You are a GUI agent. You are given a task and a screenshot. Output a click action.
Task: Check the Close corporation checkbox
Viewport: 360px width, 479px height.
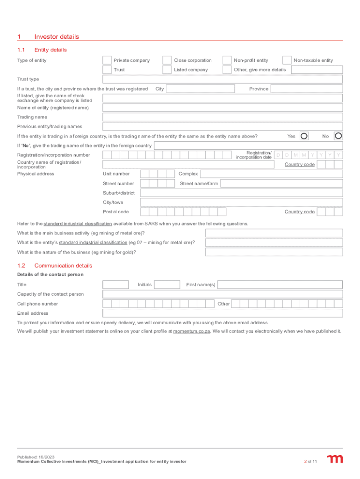pos(167,60)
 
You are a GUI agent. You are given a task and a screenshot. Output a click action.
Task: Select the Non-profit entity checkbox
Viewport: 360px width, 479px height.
pos(227,60)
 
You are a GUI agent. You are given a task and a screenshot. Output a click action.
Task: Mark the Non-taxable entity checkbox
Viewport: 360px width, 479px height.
pos(287,60)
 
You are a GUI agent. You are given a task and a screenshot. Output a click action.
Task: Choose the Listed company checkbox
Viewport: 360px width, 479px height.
pos(167,70)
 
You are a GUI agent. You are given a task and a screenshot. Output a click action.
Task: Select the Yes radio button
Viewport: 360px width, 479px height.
pos(304,136)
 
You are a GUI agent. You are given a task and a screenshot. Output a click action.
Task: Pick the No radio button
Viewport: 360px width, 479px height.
pos(338,136)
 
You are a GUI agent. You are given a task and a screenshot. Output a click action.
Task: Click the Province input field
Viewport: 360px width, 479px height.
pos(306,89)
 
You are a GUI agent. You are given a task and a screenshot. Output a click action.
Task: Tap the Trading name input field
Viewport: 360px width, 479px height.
pos(223,117)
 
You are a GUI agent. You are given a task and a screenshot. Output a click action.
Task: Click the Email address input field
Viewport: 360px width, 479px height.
pos(223,313)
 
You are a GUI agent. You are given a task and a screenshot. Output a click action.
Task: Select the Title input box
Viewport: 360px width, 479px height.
pos(115,284)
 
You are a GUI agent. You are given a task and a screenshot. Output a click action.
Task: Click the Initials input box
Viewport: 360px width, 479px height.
pos(167,284)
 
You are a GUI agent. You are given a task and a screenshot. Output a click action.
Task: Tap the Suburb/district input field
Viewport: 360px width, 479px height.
pos(241,193)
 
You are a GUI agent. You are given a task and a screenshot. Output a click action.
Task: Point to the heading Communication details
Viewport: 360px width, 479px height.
pos(63,266)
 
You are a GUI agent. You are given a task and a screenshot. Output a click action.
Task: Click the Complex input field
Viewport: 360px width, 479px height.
pos(271,174)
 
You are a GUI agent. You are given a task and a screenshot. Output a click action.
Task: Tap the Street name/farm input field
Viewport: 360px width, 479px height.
pos(281,183)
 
